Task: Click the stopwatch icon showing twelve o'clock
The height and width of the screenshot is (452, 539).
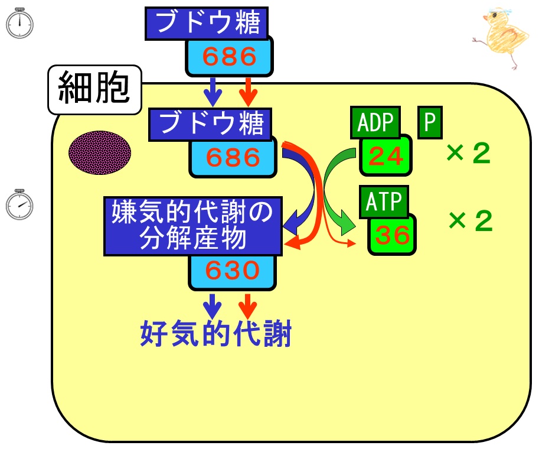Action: point(19,23)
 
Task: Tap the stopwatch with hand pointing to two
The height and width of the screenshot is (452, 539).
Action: point(19,204)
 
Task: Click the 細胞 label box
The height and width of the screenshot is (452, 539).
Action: point(94,89)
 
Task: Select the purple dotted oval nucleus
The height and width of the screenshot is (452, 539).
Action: point(100,152)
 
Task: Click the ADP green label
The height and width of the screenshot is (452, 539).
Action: point(375,122)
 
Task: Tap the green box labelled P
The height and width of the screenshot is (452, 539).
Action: point(430,122)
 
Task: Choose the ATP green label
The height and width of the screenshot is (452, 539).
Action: point(384,202)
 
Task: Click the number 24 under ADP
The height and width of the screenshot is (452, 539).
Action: point(386,156)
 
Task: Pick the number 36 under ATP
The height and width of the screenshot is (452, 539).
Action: point(392,235)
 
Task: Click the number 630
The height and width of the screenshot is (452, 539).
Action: point(232,271)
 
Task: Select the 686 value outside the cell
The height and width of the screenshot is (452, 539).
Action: point(229,56)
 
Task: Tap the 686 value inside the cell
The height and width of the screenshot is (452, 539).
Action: point(233,157)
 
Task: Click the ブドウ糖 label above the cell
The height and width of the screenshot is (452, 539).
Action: point(207,23)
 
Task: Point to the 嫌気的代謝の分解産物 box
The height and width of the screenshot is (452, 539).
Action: point(193,226)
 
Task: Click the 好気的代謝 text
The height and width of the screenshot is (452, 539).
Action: point(216,333)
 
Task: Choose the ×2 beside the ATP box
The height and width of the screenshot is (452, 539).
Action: point(471,220)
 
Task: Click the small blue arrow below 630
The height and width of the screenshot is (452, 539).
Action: point(213,307)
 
